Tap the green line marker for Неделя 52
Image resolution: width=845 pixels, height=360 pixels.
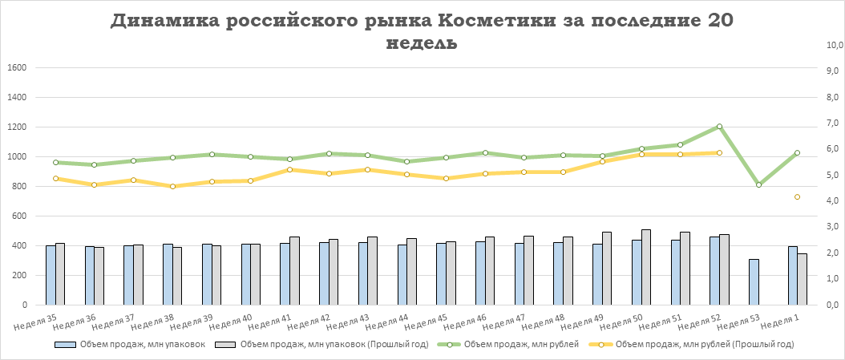pos(719,127)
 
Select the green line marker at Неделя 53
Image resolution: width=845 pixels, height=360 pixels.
pos(758,185)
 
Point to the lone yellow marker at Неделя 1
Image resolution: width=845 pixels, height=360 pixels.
pos(798,196)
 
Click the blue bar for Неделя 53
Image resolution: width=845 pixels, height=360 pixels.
pos(754,281)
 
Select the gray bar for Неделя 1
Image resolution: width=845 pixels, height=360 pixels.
pos(803,279)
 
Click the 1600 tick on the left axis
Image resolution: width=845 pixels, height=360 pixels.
pos(17,67)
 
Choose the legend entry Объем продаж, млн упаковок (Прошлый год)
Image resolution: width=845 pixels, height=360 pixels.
pos(329,345)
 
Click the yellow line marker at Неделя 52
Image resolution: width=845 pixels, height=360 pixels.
pos(719,152)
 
